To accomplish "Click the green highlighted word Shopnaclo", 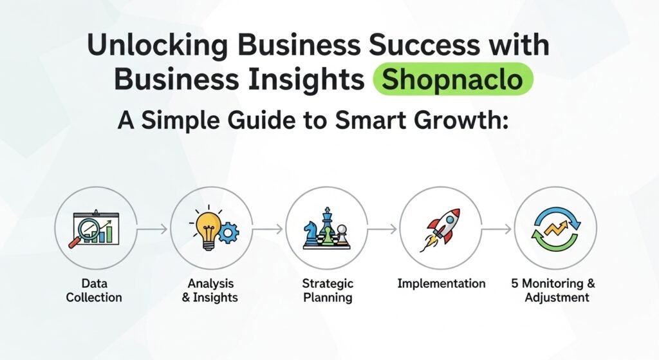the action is (452, 79).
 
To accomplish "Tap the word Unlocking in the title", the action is (157, 46).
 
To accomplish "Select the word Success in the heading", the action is (423, 44).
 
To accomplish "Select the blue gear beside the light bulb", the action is (229, 232).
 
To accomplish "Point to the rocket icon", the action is (440, 230).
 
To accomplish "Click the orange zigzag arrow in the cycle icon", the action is (555, 229).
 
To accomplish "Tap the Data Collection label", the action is (94, 290).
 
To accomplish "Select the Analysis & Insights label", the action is (210, 290).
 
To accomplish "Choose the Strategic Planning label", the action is (328, 290).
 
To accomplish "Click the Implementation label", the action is (441, 283).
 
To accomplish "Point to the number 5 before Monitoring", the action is (515, 283).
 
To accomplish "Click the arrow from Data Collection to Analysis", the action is (152, 229).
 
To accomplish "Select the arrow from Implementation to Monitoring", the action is (496, 229).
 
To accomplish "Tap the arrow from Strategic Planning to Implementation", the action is (382, 229).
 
